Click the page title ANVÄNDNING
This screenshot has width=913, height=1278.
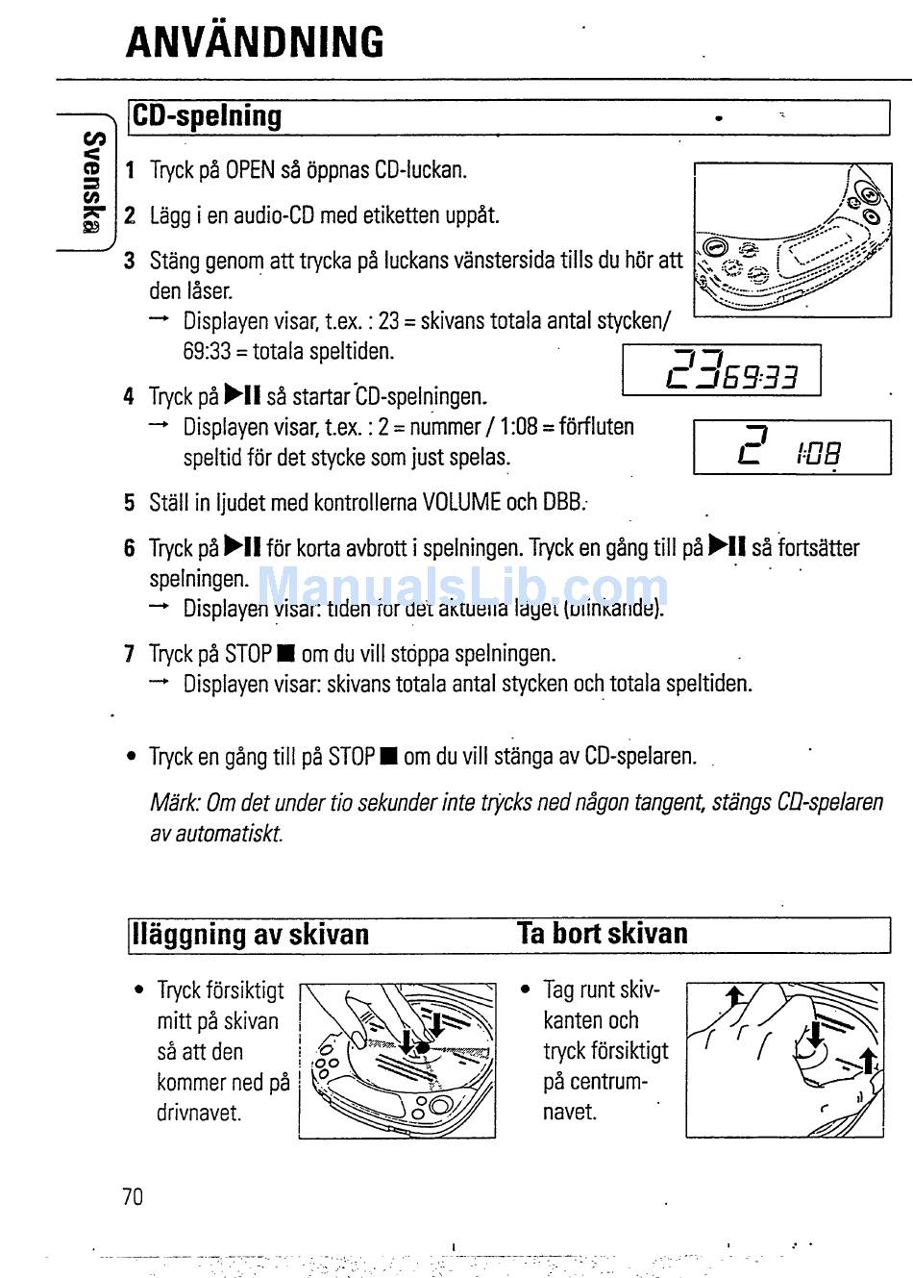255,42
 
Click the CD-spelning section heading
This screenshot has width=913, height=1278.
208,116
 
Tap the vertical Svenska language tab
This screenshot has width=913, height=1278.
92,182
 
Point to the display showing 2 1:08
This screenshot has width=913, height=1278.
792,447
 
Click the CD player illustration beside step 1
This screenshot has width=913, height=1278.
792,239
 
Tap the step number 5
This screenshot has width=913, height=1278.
129,503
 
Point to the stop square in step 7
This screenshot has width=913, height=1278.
284,655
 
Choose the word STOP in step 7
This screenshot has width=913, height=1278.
248,655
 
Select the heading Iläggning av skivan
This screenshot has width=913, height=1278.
251,935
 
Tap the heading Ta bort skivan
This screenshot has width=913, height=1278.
603,934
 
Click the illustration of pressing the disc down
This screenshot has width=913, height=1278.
397,1060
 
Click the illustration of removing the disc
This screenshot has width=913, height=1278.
784,1060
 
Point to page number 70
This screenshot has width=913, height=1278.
133,1196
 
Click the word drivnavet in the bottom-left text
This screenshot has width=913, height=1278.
199,1113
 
